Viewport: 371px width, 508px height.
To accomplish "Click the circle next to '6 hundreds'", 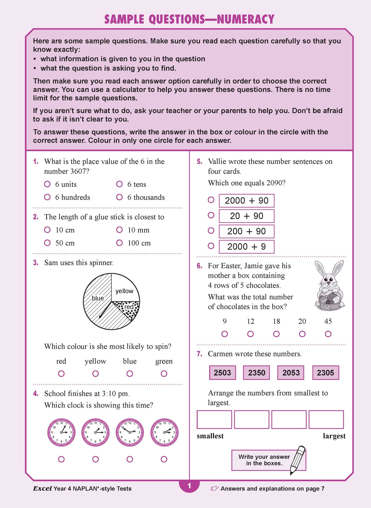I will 47,197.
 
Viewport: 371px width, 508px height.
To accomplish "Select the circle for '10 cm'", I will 47,230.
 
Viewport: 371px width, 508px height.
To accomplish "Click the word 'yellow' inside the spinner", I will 124,291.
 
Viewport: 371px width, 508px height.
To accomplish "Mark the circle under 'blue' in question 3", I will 130,374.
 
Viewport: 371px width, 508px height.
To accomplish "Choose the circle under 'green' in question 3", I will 164,374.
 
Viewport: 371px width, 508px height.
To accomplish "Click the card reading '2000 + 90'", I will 246,201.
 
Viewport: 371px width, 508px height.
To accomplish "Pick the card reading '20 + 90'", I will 246,216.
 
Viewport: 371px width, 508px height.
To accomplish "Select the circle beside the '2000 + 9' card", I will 211,246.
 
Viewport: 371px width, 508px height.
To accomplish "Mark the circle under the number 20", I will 302,334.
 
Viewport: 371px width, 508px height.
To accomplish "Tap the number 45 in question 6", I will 328,321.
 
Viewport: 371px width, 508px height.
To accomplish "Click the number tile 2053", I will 291,373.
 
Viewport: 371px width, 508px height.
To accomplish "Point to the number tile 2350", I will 256,373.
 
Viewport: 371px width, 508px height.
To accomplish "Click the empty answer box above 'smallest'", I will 214,420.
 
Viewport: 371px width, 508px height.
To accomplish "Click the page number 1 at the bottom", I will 189,486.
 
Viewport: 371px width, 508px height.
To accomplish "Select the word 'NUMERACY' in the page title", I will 246,20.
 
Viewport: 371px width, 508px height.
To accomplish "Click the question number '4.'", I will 36,393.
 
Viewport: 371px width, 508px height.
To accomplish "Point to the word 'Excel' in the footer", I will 42,488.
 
